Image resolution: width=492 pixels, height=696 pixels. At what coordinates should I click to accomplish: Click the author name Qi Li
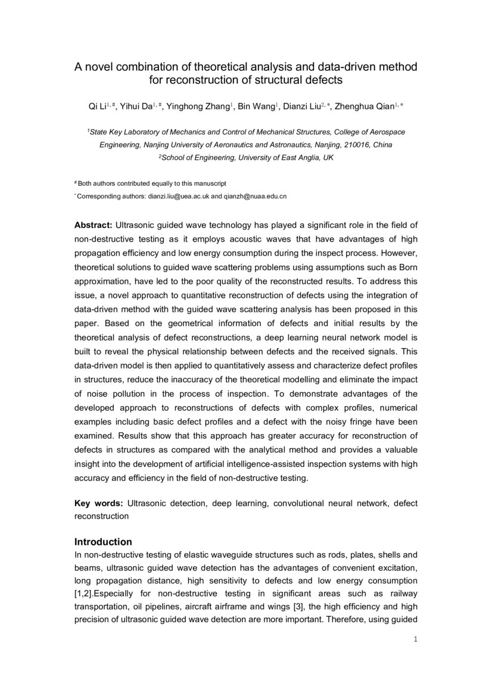tap(97, 107)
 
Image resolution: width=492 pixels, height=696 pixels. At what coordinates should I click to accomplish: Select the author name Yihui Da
tap(135, 107)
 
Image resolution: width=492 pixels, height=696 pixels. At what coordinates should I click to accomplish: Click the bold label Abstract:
tap(93, 226)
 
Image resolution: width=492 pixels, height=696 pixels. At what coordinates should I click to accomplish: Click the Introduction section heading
tap(103, 542)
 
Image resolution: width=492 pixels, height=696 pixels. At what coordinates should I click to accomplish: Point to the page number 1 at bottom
tap(415, 640)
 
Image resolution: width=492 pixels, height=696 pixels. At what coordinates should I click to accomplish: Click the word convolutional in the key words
tap(303, 503)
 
